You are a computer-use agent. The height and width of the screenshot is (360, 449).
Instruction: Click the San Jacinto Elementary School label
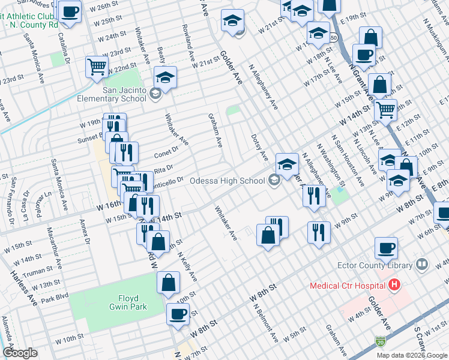click(124, 95)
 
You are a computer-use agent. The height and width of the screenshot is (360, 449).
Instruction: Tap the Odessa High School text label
click(227, 181)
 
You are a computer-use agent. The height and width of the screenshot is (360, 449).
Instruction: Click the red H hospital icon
click(394, 285)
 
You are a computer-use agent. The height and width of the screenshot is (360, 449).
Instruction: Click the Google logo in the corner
click(20, 353)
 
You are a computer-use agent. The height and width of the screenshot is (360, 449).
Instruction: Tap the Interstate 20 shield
click(380, 341)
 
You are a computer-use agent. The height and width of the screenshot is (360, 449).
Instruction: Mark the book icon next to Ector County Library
click(422, 265)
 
